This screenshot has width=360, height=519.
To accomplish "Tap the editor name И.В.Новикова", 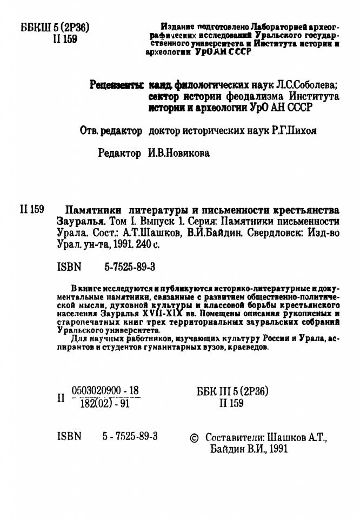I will coord(178,154).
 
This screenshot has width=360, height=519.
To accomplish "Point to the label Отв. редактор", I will coord(111,130).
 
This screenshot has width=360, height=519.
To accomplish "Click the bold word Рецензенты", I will coord(116,85).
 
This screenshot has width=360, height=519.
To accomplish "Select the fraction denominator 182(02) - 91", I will coord(102,402).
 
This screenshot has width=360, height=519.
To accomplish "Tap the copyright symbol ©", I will coord(196,437).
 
